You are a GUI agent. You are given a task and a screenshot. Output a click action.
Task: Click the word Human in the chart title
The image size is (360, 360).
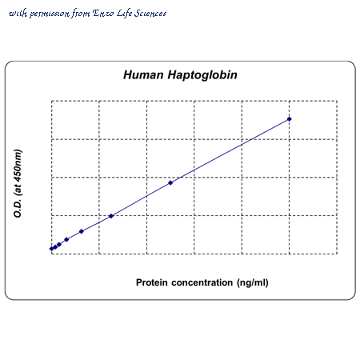(143, 75)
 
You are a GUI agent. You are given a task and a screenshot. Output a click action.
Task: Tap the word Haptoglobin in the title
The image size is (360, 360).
(202, 75)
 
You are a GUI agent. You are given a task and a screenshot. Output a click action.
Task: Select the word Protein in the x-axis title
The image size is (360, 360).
(151, 282)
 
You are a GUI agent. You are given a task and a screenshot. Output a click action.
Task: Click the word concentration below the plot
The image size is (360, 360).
(202, 282)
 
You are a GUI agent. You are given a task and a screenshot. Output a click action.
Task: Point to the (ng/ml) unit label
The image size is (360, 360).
(253, 283)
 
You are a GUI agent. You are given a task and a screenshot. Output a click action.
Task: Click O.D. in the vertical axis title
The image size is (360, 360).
(18, 209)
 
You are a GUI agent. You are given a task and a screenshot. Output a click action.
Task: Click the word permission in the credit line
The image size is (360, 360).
(50, 14)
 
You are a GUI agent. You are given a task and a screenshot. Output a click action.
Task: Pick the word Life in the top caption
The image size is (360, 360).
(124, 14)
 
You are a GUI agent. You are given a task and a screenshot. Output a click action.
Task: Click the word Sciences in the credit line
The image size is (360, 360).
(150, 13)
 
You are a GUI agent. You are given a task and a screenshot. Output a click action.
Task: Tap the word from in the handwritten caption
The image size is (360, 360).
(81, 14)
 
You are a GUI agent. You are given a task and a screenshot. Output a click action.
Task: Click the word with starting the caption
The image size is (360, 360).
(18, 14)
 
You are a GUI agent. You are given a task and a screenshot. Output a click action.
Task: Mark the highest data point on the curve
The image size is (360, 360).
(290, 119)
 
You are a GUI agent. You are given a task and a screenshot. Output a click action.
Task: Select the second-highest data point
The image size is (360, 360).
(170, 182)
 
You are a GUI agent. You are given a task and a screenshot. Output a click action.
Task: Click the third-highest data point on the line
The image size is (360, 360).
(111, 216)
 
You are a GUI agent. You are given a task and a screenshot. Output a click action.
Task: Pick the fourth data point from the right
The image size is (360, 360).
(82, 231)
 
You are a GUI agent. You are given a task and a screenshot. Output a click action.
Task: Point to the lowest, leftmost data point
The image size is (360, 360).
(52, 249)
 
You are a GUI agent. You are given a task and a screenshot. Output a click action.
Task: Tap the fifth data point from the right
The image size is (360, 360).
(66, 239)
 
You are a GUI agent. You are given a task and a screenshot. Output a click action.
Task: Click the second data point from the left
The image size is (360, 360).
(55, 247)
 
